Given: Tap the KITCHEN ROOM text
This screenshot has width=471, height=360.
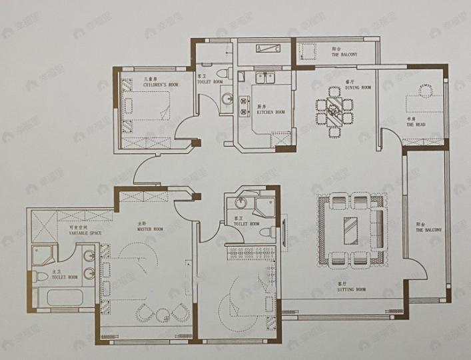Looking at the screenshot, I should click(x=270, y=112).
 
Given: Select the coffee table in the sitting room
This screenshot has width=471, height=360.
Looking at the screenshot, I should click(x=349, y=230).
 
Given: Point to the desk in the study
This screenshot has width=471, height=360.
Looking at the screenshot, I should click(x=425, y=100).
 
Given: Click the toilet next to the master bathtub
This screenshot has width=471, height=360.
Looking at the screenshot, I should click(x=40, y=275).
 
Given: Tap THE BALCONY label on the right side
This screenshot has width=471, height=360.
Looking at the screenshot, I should click(x=426, y=229).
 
